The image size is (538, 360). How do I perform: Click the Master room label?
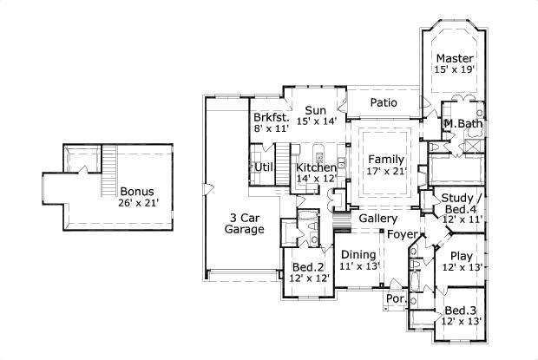pyautogui.click(x=455, y=58)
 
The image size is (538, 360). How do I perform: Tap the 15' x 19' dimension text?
pyautogui.click(x=455, y=70)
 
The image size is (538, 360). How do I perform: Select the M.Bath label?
pyautogui.click(x=463, y=125)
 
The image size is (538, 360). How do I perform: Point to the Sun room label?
pyautogui.click(x=315, y=111)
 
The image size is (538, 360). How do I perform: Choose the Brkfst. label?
pyautogui.click(x=270, y=117)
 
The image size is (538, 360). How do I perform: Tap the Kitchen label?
pyautogui.click(x=315, y=167)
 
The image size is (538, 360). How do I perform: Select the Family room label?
pyautogui.click(x=384, y=160)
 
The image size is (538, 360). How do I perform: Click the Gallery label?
pyautogui.click(x=378, y=219)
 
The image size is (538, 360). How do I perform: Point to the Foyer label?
pyautogui.click(x=401, y=234)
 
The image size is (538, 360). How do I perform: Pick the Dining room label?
pyautogui.click(x=358, y=254)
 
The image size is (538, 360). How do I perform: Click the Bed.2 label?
pyautogui.click(x=308, y=266)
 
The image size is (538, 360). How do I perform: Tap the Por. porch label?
pyautogui.click(x=397, y=299)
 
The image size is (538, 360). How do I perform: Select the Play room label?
pyautogui.click(x=461, y=257)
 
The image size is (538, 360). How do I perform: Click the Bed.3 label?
pyautogui.click(x=460, y=311)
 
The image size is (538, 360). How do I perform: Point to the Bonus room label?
pyautogui.click(x=139, y=192)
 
